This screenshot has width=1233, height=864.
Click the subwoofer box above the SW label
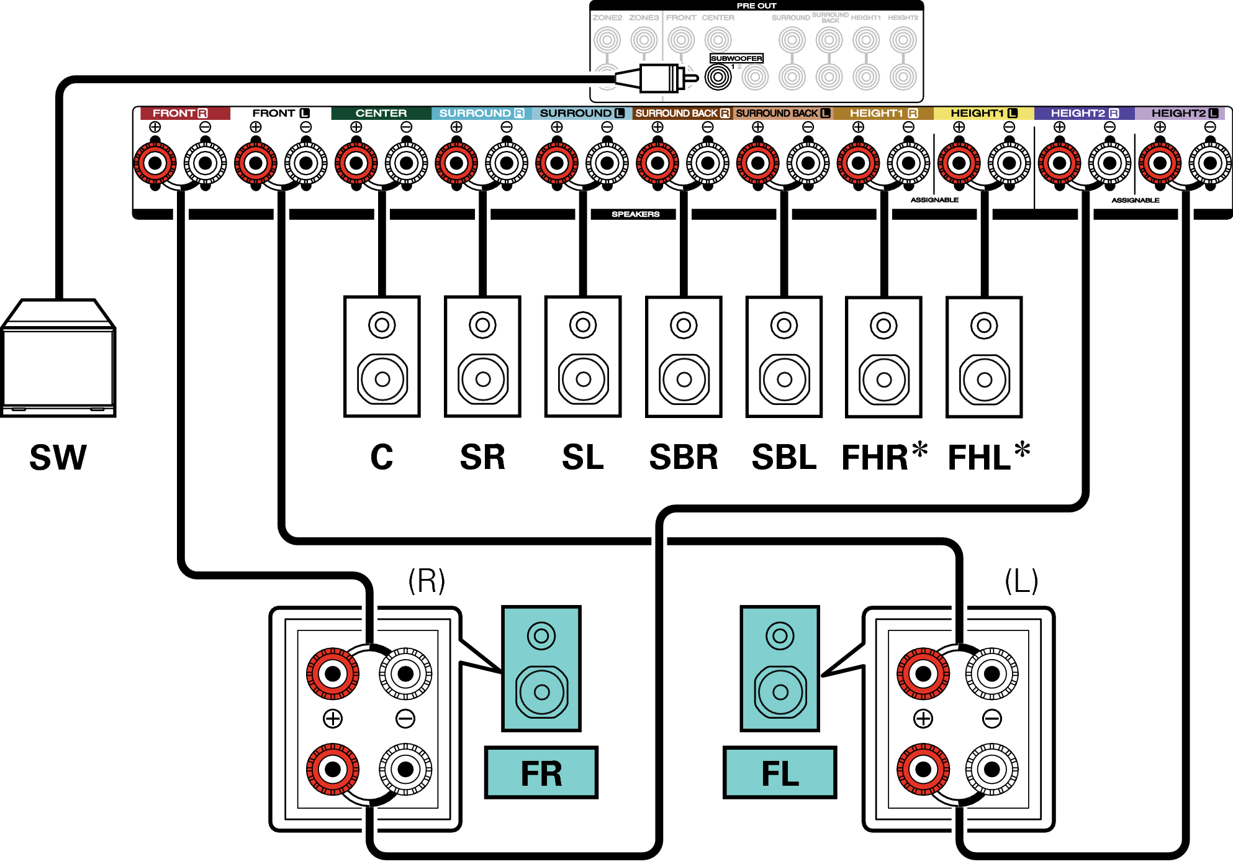58,358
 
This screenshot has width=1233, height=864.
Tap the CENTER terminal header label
381,113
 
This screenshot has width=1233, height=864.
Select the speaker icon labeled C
382,357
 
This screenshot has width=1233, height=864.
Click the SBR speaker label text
684,458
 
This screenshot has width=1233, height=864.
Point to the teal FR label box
541,773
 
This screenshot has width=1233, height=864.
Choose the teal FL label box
780,773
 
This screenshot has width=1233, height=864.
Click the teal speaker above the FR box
541,668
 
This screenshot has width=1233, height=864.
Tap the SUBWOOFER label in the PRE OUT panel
736,58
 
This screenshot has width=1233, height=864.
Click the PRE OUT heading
756,6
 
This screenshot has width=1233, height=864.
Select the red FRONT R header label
179,113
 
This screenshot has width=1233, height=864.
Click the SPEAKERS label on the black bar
635,214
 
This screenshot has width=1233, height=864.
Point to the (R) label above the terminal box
427,581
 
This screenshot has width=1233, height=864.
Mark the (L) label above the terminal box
1021,581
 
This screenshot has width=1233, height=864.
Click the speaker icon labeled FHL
984,357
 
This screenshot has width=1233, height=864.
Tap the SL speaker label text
582,458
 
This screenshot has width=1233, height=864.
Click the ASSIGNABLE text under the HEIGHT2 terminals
1136,200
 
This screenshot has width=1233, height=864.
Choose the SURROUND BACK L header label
782,113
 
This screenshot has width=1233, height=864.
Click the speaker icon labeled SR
482,357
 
